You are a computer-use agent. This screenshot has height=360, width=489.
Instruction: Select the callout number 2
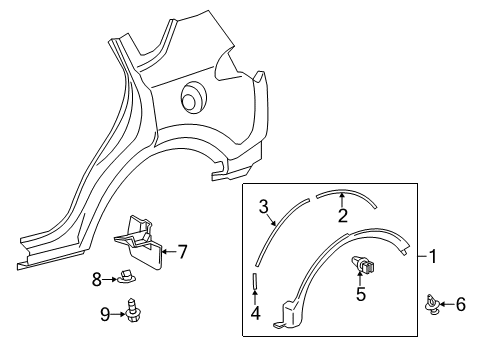pos(342,216)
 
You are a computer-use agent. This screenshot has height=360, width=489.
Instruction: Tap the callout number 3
pos(264,207)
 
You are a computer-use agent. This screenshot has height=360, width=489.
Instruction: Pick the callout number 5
pos(362,294)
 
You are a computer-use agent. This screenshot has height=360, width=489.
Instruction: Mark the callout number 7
pos(182,253)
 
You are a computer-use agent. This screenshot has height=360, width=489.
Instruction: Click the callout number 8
pos(96,280)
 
